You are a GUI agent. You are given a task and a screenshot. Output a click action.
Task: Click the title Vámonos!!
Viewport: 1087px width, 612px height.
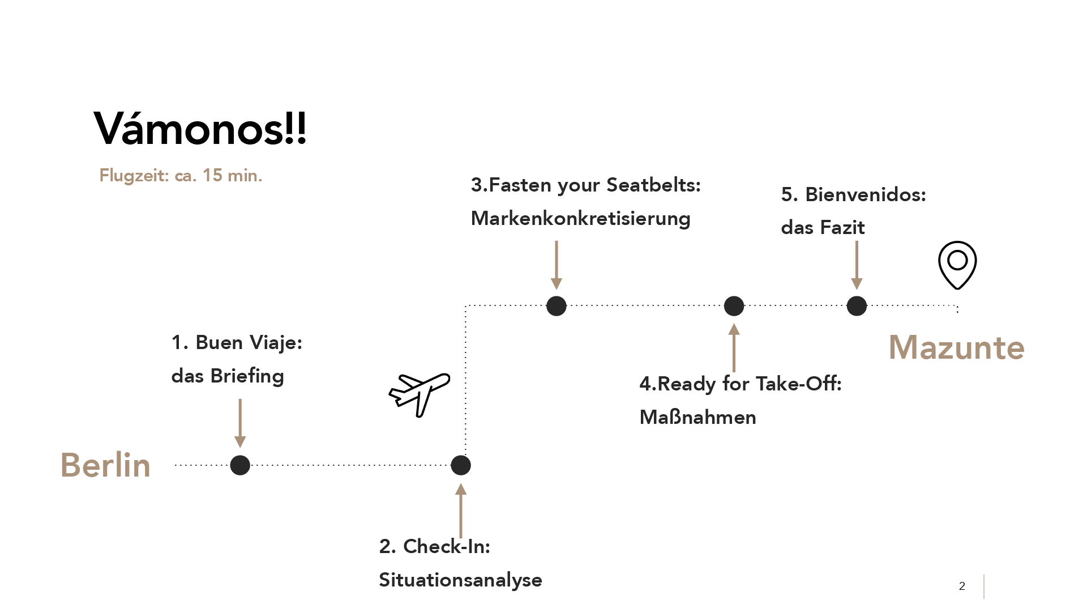point(200,129)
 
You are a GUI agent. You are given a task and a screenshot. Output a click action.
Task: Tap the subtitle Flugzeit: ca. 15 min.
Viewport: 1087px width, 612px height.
point(181,176)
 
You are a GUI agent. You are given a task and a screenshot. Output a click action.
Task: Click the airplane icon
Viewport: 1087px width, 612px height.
point(420,394)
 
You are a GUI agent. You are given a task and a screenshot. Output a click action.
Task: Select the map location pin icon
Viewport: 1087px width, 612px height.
point(957,265)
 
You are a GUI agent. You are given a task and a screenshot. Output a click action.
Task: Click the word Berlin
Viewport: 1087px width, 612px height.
point(105,465)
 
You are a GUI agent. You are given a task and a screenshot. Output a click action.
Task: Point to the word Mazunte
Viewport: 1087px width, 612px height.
point(956,347)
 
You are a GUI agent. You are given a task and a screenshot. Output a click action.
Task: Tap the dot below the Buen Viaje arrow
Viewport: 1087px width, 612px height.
point(240,465)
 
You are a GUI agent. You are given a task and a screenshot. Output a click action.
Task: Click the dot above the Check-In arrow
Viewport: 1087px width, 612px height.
point(461,465)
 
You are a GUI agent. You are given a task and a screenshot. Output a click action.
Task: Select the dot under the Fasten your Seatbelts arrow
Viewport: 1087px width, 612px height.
point(557,306)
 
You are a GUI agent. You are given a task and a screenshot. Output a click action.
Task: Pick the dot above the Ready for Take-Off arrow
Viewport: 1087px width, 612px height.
point(734,306)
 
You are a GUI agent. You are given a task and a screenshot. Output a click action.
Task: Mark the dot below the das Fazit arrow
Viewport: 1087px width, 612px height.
point(857,306)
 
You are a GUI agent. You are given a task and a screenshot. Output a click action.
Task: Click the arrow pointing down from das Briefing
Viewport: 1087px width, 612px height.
point(240,423)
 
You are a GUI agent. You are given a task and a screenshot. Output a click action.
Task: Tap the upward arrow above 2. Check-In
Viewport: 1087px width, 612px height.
point(461,510)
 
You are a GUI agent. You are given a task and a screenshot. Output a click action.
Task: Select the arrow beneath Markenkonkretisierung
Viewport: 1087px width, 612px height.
point(557,265)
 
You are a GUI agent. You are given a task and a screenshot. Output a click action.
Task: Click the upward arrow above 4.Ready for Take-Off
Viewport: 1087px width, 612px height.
point(734,348)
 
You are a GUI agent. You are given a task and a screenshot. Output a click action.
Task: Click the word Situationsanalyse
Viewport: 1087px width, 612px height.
point(460,580)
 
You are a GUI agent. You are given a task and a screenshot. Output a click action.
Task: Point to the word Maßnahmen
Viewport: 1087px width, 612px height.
point(697,418)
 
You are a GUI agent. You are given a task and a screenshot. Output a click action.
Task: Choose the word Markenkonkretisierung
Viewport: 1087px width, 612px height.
point(580,219)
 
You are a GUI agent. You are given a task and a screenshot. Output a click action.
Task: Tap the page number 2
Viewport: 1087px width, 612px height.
point(962,586)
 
